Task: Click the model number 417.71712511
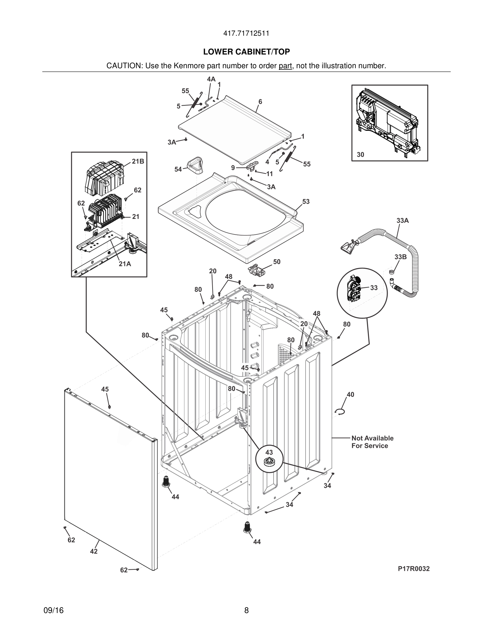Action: click(246, 34)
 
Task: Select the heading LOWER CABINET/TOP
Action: click(247, 52)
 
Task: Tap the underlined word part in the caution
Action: click(285, 66)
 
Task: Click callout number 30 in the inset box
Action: click(360, 155)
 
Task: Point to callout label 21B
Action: click(138, 161)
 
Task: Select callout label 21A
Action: click(125, 264)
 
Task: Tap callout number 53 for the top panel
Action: click(306, 202)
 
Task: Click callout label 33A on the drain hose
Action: click(403, 220)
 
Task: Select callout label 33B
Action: click(400, 257)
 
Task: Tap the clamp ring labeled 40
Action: click(340, 412)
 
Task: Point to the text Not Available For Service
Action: click(372, 442)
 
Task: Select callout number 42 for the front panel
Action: click(94, 551)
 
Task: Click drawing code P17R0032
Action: click(414, 569)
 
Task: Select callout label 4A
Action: click(211, 79)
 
